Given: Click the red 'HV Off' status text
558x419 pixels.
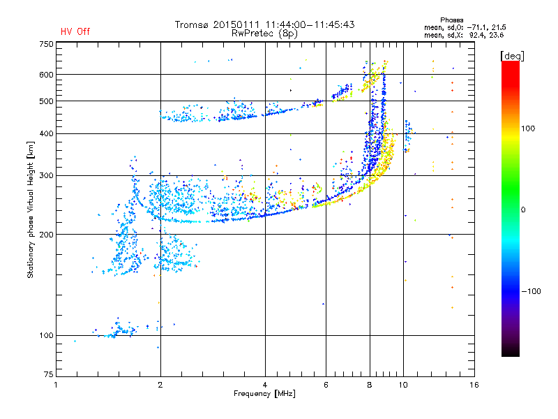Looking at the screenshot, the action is (75, 31).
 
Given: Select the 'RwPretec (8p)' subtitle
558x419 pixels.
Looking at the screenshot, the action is (264, 34).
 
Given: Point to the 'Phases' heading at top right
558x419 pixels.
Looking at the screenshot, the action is (451, 20).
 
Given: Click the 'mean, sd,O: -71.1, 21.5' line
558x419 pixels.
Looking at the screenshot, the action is (465, 27).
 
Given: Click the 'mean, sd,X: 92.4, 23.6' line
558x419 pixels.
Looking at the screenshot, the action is (464, 35).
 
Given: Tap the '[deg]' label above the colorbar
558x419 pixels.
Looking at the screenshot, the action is (512, 56).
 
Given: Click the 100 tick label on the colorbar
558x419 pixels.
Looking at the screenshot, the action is (528, 128).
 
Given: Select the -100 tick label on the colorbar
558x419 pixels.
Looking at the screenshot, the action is (531, 291).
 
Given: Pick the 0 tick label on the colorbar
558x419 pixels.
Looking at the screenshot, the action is (523, 209).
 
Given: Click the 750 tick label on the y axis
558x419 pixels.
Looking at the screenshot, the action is (47, 44).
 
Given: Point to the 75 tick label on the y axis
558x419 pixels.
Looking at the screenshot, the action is (49, 374).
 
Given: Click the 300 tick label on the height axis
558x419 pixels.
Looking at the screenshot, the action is (47, 175).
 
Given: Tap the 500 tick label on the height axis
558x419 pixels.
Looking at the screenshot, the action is (47, 101).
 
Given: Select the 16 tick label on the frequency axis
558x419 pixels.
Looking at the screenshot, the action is (474, 385).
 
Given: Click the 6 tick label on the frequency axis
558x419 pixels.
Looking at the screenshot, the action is (326, 385).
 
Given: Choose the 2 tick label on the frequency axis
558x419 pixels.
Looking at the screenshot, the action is (160, 385).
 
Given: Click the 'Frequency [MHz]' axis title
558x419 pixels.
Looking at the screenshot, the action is (264, 394).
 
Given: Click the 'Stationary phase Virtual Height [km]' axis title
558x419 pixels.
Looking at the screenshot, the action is (30, 209).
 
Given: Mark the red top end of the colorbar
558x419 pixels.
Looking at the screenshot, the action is (511, 63).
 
